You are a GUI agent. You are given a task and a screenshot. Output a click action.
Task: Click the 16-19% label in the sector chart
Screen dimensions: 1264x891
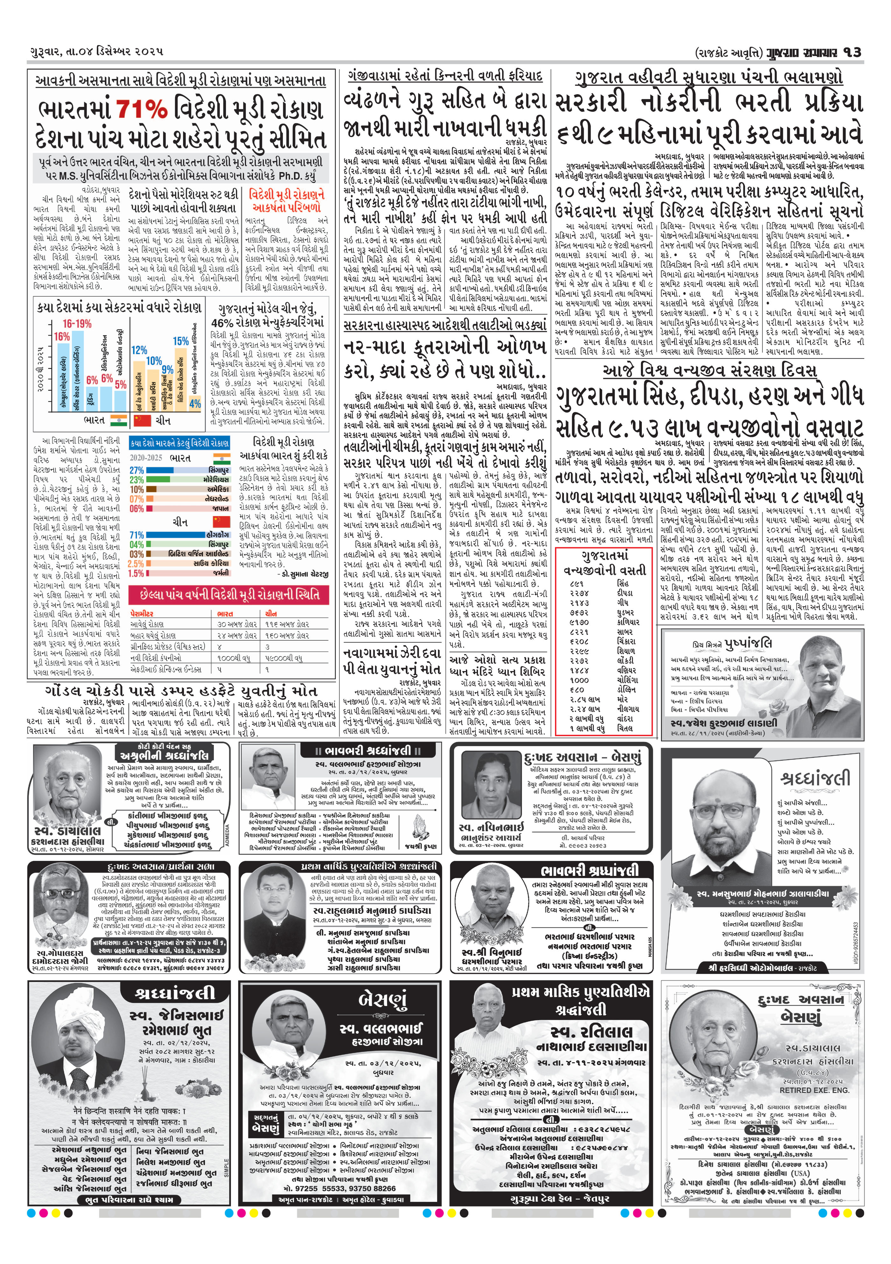pos(77,324)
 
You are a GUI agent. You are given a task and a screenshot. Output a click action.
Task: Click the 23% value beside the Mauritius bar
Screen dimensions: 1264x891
pos(137,480)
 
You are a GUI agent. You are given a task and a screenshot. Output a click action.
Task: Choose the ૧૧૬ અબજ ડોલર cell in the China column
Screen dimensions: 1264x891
pos(287,624)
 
